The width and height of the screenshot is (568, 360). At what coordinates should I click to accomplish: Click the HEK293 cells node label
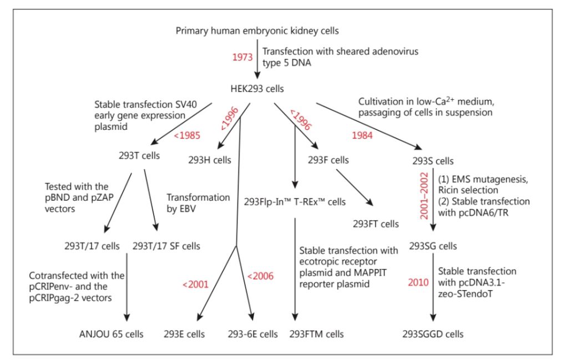coord(257,88)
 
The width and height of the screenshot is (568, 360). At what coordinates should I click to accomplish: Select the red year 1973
coord(243,57)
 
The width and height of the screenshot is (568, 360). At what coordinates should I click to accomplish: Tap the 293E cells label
coord(184,334)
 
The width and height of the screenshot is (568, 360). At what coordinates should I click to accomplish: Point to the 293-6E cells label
coord(252,334)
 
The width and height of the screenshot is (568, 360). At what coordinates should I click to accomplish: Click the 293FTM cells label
coord(317,334)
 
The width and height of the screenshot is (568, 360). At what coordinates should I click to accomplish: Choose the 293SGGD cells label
coord(433,334)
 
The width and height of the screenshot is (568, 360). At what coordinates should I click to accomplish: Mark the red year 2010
coord(418,282)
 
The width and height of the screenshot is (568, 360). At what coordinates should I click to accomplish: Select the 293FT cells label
coord(376,225)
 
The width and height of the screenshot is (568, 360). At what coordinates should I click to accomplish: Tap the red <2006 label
coord(260,276)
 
